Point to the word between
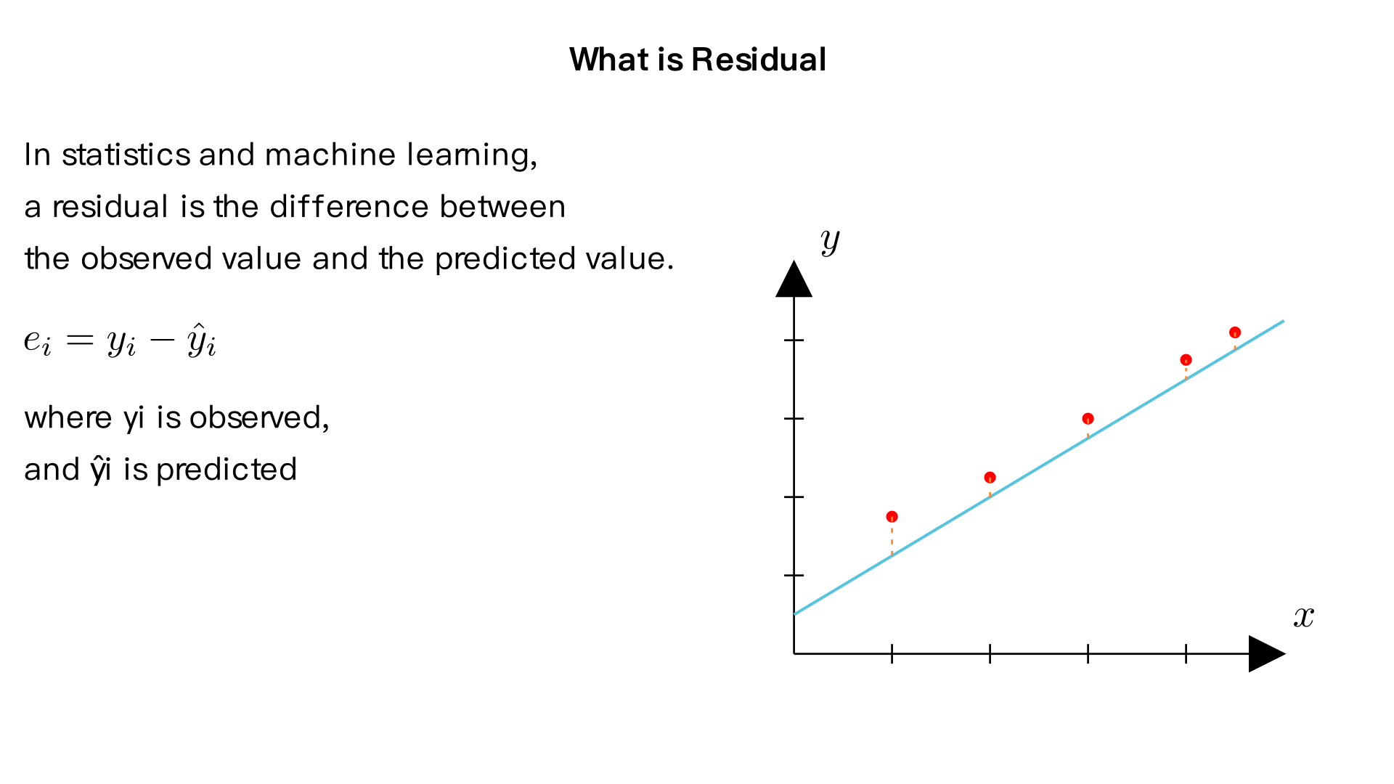502,207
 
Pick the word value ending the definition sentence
626,259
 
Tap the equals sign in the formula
79,340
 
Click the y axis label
830,240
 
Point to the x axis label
1304,616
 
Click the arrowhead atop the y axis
794,280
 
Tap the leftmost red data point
892,517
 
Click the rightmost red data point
1235,332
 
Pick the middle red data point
1088,419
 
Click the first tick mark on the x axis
892,654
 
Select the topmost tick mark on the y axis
794,340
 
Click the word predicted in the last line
227,470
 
